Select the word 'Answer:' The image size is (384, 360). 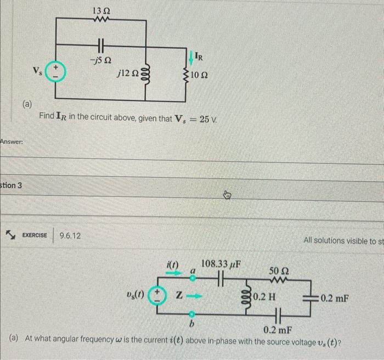point(11,142)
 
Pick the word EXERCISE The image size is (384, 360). point(34,235)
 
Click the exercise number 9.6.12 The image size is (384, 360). point(70,235)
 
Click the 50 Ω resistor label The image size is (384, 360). point(278,272)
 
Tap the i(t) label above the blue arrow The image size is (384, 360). point(174,265)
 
